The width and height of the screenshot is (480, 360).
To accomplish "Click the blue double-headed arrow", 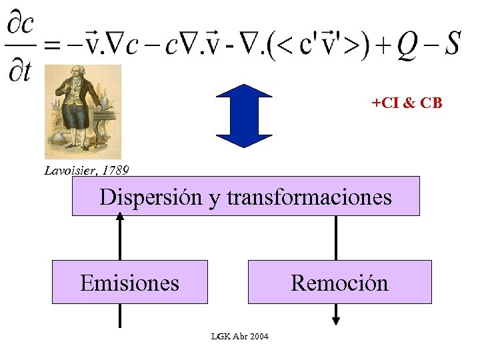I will click(x=245, y=115).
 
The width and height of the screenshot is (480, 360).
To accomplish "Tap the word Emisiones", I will click(x=129, y=283).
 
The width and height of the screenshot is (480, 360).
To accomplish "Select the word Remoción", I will click(x=339, y=283).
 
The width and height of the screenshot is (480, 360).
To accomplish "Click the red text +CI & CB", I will click(x=407, y=103).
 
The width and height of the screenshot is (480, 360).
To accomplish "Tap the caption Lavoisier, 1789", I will click(x=87, y=170).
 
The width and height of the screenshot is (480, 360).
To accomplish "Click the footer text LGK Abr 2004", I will click(x=239, y=336).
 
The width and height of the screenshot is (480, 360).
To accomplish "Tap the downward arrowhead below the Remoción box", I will click(x=336, y=321).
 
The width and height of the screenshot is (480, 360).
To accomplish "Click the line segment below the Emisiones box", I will click(x=120, y=315).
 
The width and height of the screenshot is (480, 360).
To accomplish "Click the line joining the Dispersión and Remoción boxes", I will click(x=336, y=237).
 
